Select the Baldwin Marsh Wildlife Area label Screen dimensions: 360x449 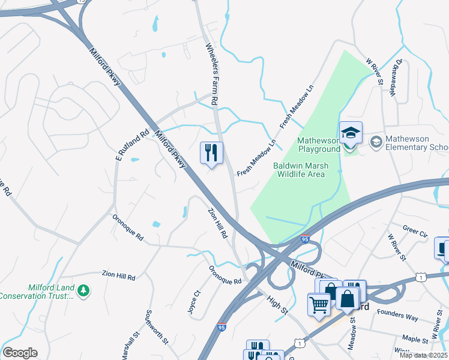299,170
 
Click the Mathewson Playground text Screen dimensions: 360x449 318,145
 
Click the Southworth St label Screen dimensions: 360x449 155,328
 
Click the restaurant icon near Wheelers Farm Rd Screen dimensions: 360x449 211,152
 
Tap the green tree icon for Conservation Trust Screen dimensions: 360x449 84,291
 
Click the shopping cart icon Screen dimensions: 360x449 319,304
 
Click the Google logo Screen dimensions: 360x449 19,353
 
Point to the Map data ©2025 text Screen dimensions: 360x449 424,355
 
